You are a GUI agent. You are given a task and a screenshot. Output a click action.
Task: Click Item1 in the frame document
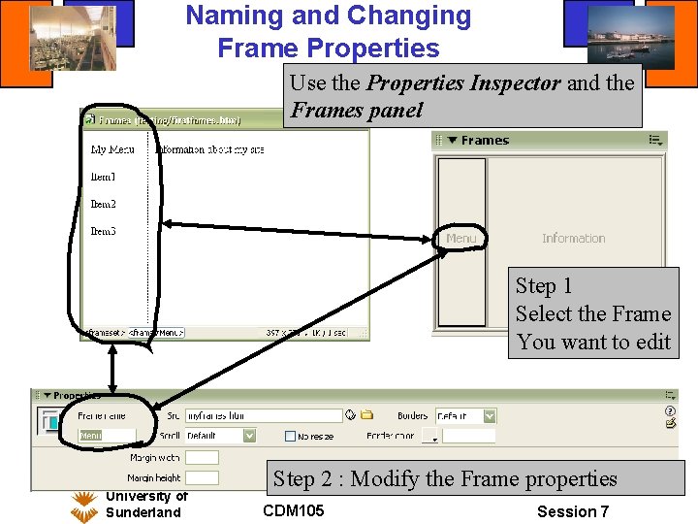104,178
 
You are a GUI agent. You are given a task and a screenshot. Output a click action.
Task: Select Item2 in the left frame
104,205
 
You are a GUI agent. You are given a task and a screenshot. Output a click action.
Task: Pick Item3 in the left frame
104,232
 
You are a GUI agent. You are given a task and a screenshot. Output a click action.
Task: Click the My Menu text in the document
112,150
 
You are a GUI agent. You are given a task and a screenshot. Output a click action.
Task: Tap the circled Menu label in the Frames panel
461,239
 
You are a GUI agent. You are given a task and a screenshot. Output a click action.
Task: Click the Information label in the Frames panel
573,239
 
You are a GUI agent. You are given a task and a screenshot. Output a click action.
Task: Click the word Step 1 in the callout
544,286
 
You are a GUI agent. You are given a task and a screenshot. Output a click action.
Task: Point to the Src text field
264,415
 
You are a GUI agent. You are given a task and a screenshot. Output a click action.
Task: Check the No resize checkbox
291,437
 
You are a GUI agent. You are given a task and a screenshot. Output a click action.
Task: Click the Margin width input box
202,457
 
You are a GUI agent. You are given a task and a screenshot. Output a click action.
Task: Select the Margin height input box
202,477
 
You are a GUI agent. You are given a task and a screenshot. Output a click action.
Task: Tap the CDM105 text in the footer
293,510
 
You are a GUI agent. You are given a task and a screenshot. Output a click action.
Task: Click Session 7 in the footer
573,511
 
